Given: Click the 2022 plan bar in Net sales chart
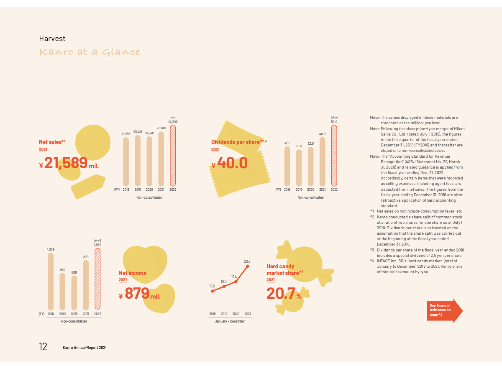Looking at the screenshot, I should click(x=173, y=156).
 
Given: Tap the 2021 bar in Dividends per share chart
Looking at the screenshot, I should click(x=322, y=161).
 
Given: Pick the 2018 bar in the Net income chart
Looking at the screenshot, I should click(x=51, y=281).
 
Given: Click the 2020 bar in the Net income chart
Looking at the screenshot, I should click(x=74, y=292).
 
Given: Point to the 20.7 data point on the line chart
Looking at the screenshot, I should click(x=248, y=266).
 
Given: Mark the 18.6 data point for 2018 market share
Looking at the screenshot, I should click(x=213, y=291).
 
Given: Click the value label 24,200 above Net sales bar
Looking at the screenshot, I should click(x=173, y=122).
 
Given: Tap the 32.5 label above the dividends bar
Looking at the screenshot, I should click(x=287, y=143).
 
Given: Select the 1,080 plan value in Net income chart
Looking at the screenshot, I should click(x=97, y=245).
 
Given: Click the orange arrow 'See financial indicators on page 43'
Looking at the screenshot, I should click(x=444, y=310).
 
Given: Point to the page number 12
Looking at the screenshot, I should click(x=43, y=347).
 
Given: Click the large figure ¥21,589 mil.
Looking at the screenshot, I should click(x=69, y=163).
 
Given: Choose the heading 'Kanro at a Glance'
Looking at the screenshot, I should click(x=90, y=52).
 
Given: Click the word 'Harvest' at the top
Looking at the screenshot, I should click(x=52, y=38).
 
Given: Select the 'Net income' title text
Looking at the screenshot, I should click(x=132, y=273).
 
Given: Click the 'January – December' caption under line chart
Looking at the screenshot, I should click(x=230, y=321).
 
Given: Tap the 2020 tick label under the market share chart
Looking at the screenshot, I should click(x=236, y=313).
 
